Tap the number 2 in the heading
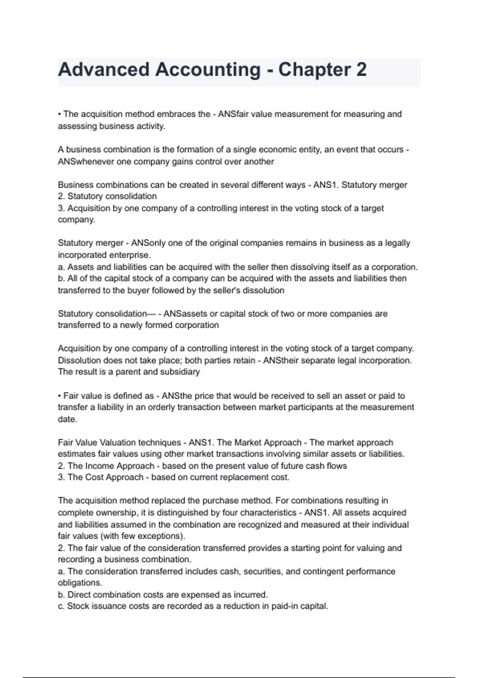click(361, 70)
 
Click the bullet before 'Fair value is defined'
click(59, 396)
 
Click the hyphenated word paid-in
click(284, 607)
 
